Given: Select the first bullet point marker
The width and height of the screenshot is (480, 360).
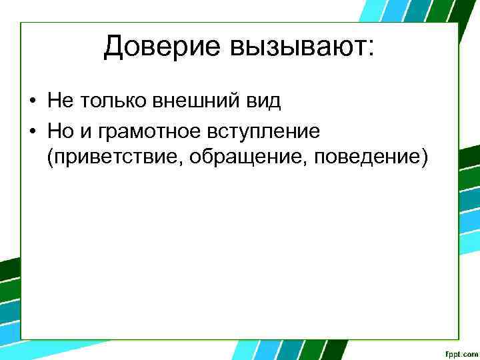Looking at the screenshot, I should tap(32, 101).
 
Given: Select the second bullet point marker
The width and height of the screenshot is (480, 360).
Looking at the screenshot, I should tap(32, 131).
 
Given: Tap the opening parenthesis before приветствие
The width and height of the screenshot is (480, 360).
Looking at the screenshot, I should tap(50, 159).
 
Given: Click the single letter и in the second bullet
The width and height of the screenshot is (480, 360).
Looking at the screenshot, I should tap(87, 131).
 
